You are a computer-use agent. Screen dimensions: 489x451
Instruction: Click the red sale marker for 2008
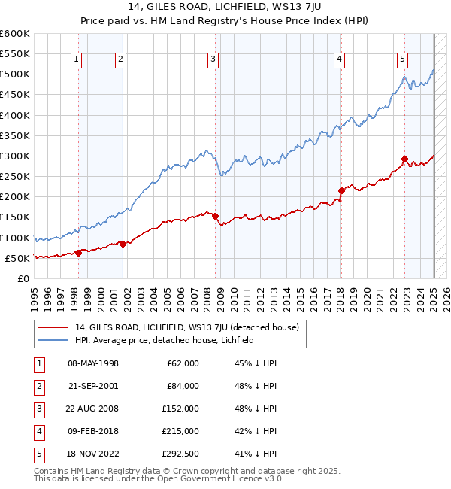(x=216, y=217)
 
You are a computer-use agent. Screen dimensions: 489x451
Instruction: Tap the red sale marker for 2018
(x=341, y=190)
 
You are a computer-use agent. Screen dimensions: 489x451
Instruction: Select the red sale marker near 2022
(x=404, y=159)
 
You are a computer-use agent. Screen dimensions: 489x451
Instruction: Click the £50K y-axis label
(x=17, y=258)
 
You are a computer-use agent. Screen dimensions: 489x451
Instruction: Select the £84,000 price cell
(x=183, y=386)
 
